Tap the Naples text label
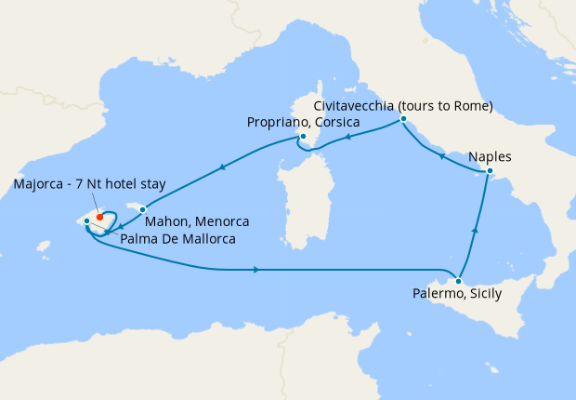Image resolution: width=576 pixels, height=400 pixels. tap(491, 156)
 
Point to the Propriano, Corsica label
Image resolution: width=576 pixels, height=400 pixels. tap(303, 122)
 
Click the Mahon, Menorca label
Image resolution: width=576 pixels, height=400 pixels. tap(202, 222)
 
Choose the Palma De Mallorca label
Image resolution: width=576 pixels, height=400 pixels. tap(177, 239)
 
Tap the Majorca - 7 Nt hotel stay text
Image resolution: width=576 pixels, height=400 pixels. tap(89, 184)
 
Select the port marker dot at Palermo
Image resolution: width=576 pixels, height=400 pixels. tap(458, 280)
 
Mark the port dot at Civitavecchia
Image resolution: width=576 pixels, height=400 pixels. tap(403, 118)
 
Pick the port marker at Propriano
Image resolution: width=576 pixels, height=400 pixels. tap(304, 137)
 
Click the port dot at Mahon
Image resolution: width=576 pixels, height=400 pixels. tap(142, 209)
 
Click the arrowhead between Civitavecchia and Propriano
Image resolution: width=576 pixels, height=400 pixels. tap(348, 137)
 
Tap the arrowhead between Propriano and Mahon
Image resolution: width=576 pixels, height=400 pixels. tap(222, 168)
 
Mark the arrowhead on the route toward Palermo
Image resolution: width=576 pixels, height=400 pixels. tap(255, 270)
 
